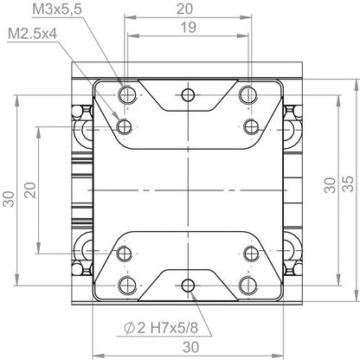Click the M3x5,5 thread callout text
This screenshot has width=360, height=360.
coord(60,10)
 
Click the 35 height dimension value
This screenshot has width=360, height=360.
coord(347,184)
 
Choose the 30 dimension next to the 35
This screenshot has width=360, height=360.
coord(328,184)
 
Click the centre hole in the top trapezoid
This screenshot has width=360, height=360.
coord(188,94)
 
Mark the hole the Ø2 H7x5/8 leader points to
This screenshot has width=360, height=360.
coord(188,284)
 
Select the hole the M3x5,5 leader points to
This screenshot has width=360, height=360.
coord(126,94)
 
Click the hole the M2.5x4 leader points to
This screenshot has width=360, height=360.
coord(126,126)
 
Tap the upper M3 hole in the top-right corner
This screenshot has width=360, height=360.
coord(249,94)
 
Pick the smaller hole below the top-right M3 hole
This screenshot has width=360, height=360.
coord(249,126)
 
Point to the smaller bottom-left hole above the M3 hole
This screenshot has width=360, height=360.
coord(126,253)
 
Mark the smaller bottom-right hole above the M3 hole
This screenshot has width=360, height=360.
coord(249,253)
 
